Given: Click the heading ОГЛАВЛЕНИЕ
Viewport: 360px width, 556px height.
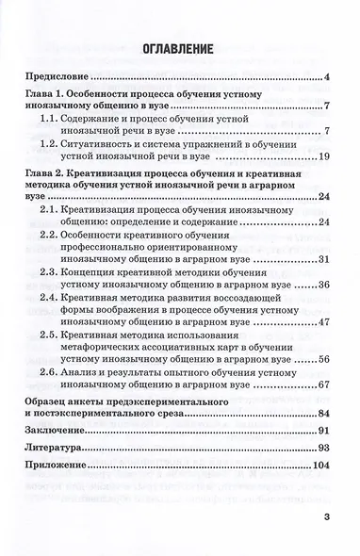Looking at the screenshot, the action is [180, 47].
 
